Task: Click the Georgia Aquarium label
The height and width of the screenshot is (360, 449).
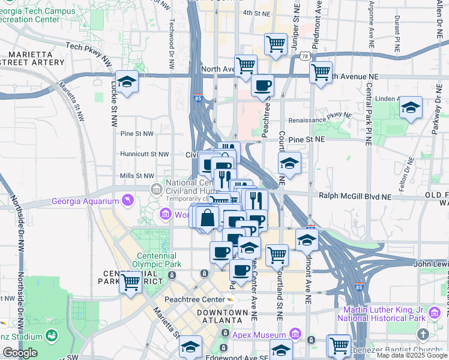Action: pyautogui.click(x=86, y=200)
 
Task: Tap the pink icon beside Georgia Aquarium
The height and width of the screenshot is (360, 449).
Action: pyautogui.click(x=127, y=200)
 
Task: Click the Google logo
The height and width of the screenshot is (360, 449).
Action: pyautogui.click(x=20, y=353)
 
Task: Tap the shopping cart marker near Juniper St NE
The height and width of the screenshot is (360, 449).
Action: pyautogui.click(x=276, y=43)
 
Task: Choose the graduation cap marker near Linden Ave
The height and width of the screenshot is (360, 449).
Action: pyautogui.click(x=411, y=107)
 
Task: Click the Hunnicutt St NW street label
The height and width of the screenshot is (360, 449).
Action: pyautogui.click(x=145, y=154)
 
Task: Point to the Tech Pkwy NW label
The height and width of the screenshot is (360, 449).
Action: pyautogui.click(x=89, y=46)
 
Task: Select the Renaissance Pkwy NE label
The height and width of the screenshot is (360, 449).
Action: pyautogui.click(x=328, y=118)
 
